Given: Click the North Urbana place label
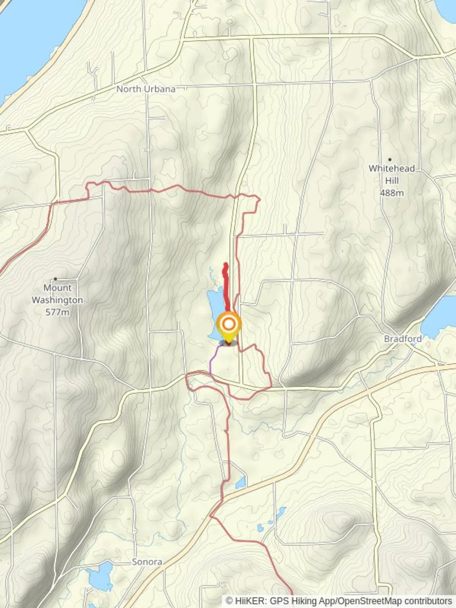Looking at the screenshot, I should click(x=146, y=89).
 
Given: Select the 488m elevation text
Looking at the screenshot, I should click(x=392, y=193).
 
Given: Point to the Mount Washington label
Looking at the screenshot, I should click(x=57, y=294).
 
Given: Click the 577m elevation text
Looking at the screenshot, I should click(x=57, y=312).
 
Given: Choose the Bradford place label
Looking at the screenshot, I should click(x=403, y=339).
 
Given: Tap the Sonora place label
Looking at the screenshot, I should click(x=147, y=562).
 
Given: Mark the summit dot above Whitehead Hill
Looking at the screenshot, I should click(x=390, y=160).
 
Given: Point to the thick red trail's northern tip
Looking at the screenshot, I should click(x=226, y=264).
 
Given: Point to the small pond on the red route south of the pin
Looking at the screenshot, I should click(x=241, y=482).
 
